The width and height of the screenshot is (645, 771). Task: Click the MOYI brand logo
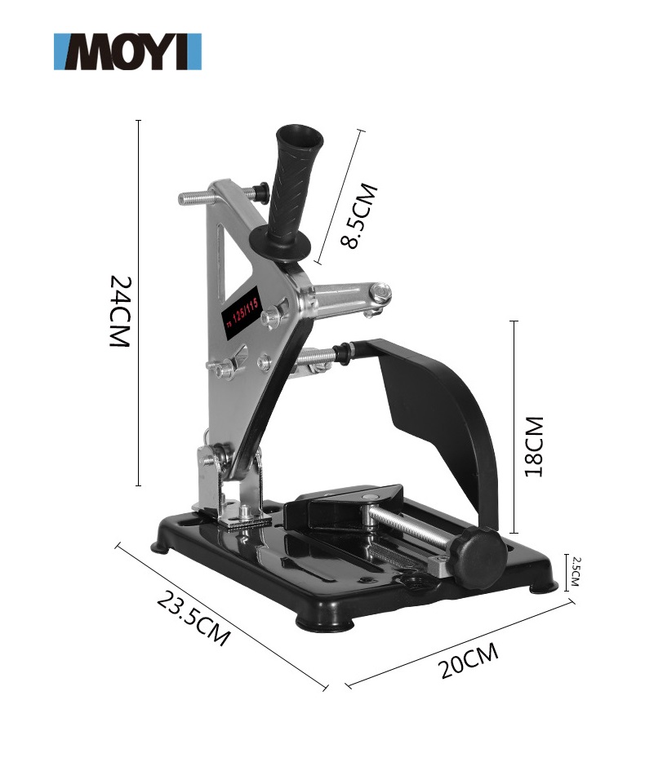tap(127, 51)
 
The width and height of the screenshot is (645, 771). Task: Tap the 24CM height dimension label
tap(119, 311)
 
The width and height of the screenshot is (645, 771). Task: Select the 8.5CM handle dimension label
tap(358, 216)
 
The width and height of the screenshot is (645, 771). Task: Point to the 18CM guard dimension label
tap(534, 446)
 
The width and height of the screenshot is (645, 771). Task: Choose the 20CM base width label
tap(469, 662)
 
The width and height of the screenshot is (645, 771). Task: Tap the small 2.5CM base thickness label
tap(576, 571)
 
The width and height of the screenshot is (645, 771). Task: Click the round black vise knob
tap(479, 557)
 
